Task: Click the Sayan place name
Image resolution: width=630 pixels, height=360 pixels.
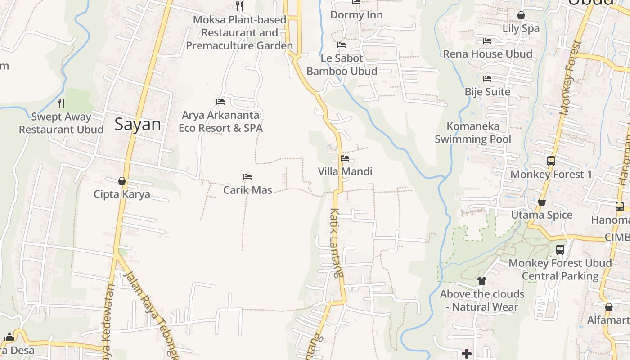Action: (137, 124)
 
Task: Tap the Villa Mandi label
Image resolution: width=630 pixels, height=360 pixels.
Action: (345, 171)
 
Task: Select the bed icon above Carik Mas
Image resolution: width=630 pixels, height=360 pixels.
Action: (247, 177)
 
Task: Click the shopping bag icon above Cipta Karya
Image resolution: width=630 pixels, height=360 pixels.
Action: (121, 181)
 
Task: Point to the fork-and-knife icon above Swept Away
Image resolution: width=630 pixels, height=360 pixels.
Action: (61, 103)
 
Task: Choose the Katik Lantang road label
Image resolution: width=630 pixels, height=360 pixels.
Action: (336, 243)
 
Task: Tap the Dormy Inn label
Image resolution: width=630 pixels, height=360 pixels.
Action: (356, 15)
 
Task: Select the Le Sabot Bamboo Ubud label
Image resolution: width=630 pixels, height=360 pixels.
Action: (342, 65)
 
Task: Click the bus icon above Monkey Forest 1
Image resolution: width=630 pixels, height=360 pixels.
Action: (551, 161)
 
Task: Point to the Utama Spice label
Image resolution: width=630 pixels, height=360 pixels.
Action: (542, 215)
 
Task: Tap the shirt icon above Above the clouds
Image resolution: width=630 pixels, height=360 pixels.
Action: (482, 281)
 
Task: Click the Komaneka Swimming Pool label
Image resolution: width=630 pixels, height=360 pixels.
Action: (473, 133)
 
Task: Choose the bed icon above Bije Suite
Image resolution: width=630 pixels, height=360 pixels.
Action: (487, 79)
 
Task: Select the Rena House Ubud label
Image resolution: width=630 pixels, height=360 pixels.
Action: (487, 54)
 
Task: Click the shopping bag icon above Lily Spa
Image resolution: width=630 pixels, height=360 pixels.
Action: (521, 15)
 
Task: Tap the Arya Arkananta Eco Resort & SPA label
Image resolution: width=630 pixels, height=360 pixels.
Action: (220, 121)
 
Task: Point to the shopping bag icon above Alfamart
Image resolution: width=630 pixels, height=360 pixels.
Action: (608, 307)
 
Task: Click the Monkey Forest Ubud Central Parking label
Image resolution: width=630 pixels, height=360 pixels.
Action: (560, 269)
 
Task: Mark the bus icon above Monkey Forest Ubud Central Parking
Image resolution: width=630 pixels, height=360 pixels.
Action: (560, 249)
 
